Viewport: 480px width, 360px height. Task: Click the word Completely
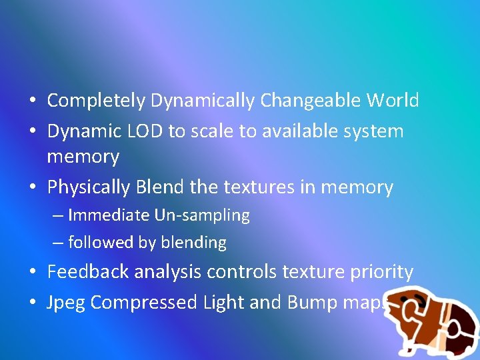point(96,101)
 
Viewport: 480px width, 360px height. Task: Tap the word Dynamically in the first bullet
point(202,101)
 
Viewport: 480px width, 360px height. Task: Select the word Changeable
point(311,101)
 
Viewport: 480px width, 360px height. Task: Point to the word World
point(393,101)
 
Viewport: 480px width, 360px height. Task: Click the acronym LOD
point(140,131)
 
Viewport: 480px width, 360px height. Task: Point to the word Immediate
point(109,215)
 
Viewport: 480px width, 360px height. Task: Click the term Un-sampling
point(202,215)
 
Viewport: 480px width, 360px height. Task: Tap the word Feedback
point(89,272)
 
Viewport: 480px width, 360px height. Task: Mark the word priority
point(382,273)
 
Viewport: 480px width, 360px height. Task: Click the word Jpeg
point(67,303)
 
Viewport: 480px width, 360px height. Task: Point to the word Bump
point(311,303)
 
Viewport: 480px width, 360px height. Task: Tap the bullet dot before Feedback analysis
point(32,273)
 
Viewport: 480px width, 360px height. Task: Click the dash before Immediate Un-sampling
point(57,215)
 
